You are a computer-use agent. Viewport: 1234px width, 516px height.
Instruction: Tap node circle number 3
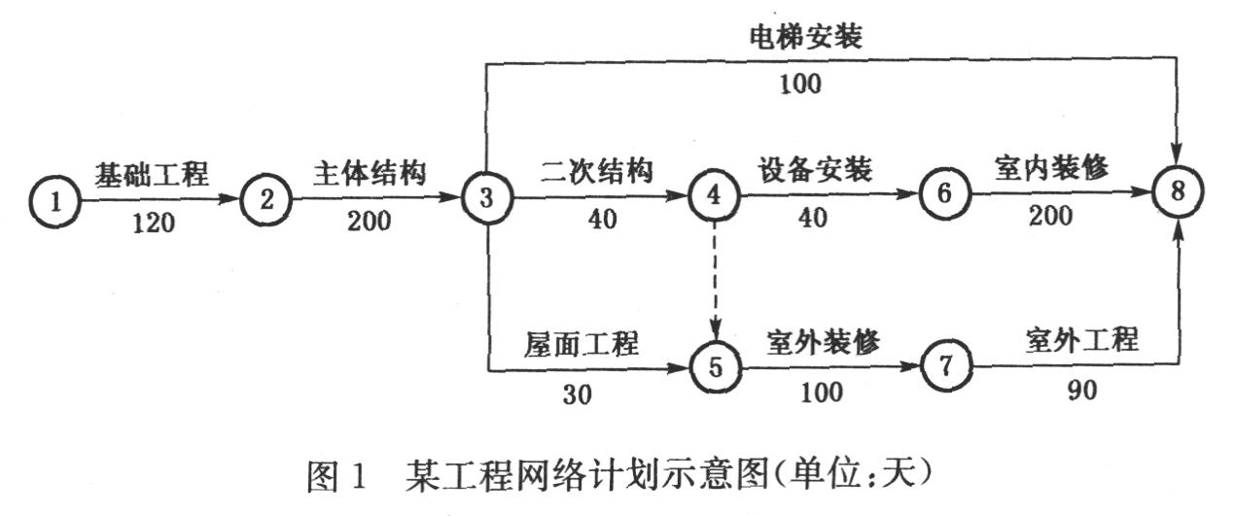484,197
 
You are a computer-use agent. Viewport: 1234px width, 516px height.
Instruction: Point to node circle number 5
715,367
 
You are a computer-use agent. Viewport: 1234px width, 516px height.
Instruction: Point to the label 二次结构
595,171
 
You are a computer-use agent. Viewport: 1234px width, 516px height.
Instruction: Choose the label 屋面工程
581,344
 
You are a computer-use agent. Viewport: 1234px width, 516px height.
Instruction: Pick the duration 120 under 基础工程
154,224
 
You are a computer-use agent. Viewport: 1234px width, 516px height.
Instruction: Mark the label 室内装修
1051,169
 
